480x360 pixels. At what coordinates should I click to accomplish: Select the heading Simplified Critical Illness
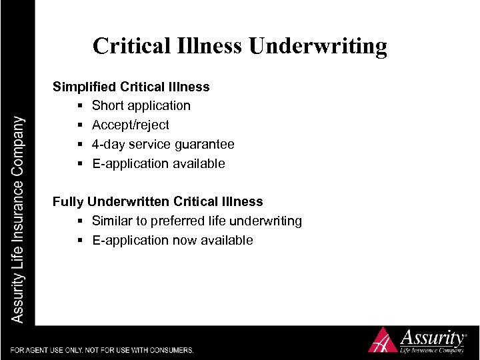pos(131,87)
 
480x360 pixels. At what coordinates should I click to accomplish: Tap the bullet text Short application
pos(141,106)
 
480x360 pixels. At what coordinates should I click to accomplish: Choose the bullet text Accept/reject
pos(131,125)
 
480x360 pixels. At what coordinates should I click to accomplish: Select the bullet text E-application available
pos(159,164)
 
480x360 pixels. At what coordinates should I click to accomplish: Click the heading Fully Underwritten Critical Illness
pos(158,201)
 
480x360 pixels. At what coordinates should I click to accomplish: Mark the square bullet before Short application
pos(79,106)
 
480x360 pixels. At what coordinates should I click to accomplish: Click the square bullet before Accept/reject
pos(79,125)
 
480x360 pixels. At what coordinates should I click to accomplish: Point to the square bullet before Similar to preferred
pos(79,221)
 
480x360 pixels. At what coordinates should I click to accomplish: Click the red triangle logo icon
pos(383,340)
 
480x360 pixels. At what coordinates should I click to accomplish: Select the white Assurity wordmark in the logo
pos(432,335)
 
